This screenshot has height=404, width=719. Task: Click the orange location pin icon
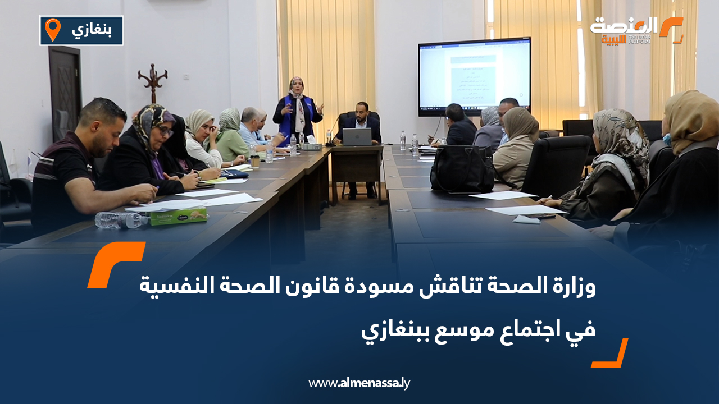click(52, 29)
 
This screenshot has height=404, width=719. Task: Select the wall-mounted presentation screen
click(474, 76)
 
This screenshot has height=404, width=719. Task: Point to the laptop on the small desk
click(357, 136)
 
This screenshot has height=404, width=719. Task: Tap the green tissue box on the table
click(178, 215)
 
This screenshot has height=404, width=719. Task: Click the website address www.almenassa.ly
click(359, 383)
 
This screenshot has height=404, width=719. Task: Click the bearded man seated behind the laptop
click(361, 121)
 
